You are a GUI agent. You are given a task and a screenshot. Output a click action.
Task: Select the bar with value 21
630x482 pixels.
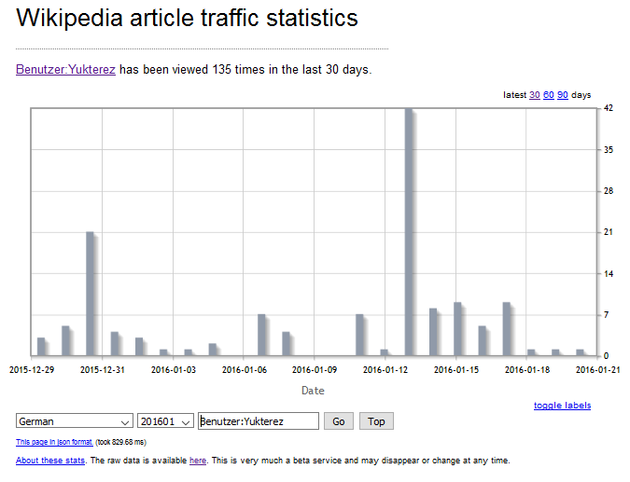pyautogui.click(x=91, y=293)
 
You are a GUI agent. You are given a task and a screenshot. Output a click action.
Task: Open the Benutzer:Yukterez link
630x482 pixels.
pyautogui.click(x=65, y=69)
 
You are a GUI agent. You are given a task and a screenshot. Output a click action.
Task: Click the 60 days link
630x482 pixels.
pyautogui.click(x=549, y=95)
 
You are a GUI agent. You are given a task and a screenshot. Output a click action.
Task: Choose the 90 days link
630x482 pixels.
pyautogui.click(x=563, y=95)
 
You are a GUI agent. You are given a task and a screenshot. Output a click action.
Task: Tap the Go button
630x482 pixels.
pyautogui.click(x=338, y=421)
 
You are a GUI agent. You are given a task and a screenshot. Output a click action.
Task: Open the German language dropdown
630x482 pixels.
pyautogui.click(x=75, y=421)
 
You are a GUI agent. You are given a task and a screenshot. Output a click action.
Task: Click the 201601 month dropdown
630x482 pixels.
pyautogui.click(x=165, y=421)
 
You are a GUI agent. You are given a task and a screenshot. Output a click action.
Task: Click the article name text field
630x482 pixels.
pyautogui.click(x=259, y=421)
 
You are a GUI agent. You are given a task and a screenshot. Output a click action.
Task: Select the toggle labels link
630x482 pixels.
pyautogui.click(x=562, y=406)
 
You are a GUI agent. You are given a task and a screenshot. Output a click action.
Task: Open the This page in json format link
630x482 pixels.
pyautogui.click(x=54, y=442)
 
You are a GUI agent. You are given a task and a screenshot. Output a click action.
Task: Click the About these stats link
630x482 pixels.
pyautogui.click(x=50, y=461)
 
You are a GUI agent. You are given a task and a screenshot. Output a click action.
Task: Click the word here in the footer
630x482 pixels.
pyautogui.click(x=198, y=461)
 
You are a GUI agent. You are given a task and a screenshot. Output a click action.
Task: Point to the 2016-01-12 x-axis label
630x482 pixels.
pyautogui.click(x=385, y=369)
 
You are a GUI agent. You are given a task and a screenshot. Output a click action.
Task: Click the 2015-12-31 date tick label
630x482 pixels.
pyautogui.click(x=102, y=369)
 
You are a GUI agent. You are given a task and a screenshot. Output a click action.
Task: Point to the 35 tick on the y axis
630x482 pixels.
pyautogui.click(x=609, y=149)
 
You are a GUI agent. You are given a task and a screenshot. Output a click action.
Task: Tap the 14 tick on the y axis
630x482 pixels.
pyautogui.click(x=609, y=273)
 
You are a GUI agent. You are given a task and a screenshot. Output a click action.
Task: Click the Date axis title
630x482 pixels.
pyautogui.click(x=314, y=391)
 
